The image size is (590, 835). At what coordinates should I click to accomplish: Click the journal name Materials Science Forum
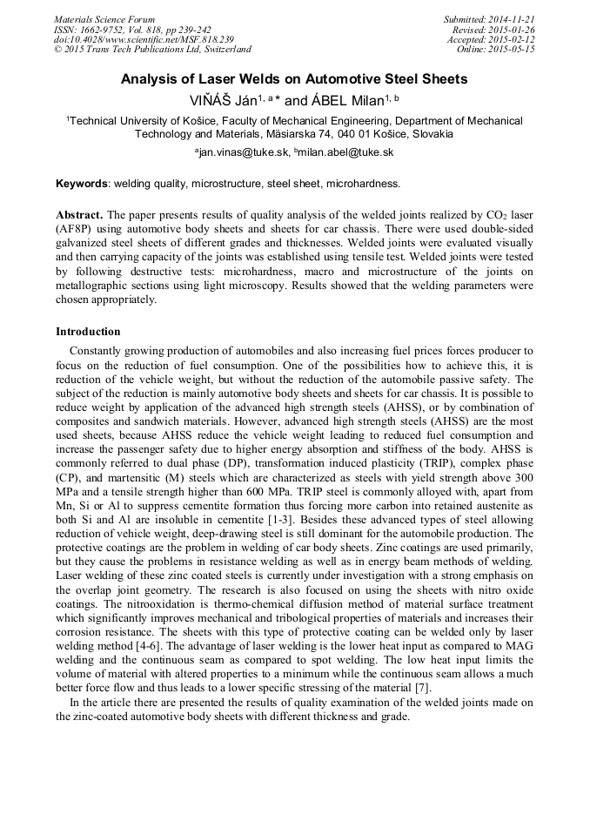pos(104,19)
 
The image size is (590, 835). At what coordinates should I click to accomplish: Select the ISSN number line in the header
pos(132,30)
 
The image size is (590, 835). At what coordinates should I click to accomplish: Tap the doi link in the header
pos(144,40)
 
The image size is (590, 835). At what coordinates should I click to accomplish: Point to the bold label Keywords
pos(82,184)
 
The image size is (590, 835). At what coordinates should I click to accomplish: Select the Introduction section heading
pos(88,332)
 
